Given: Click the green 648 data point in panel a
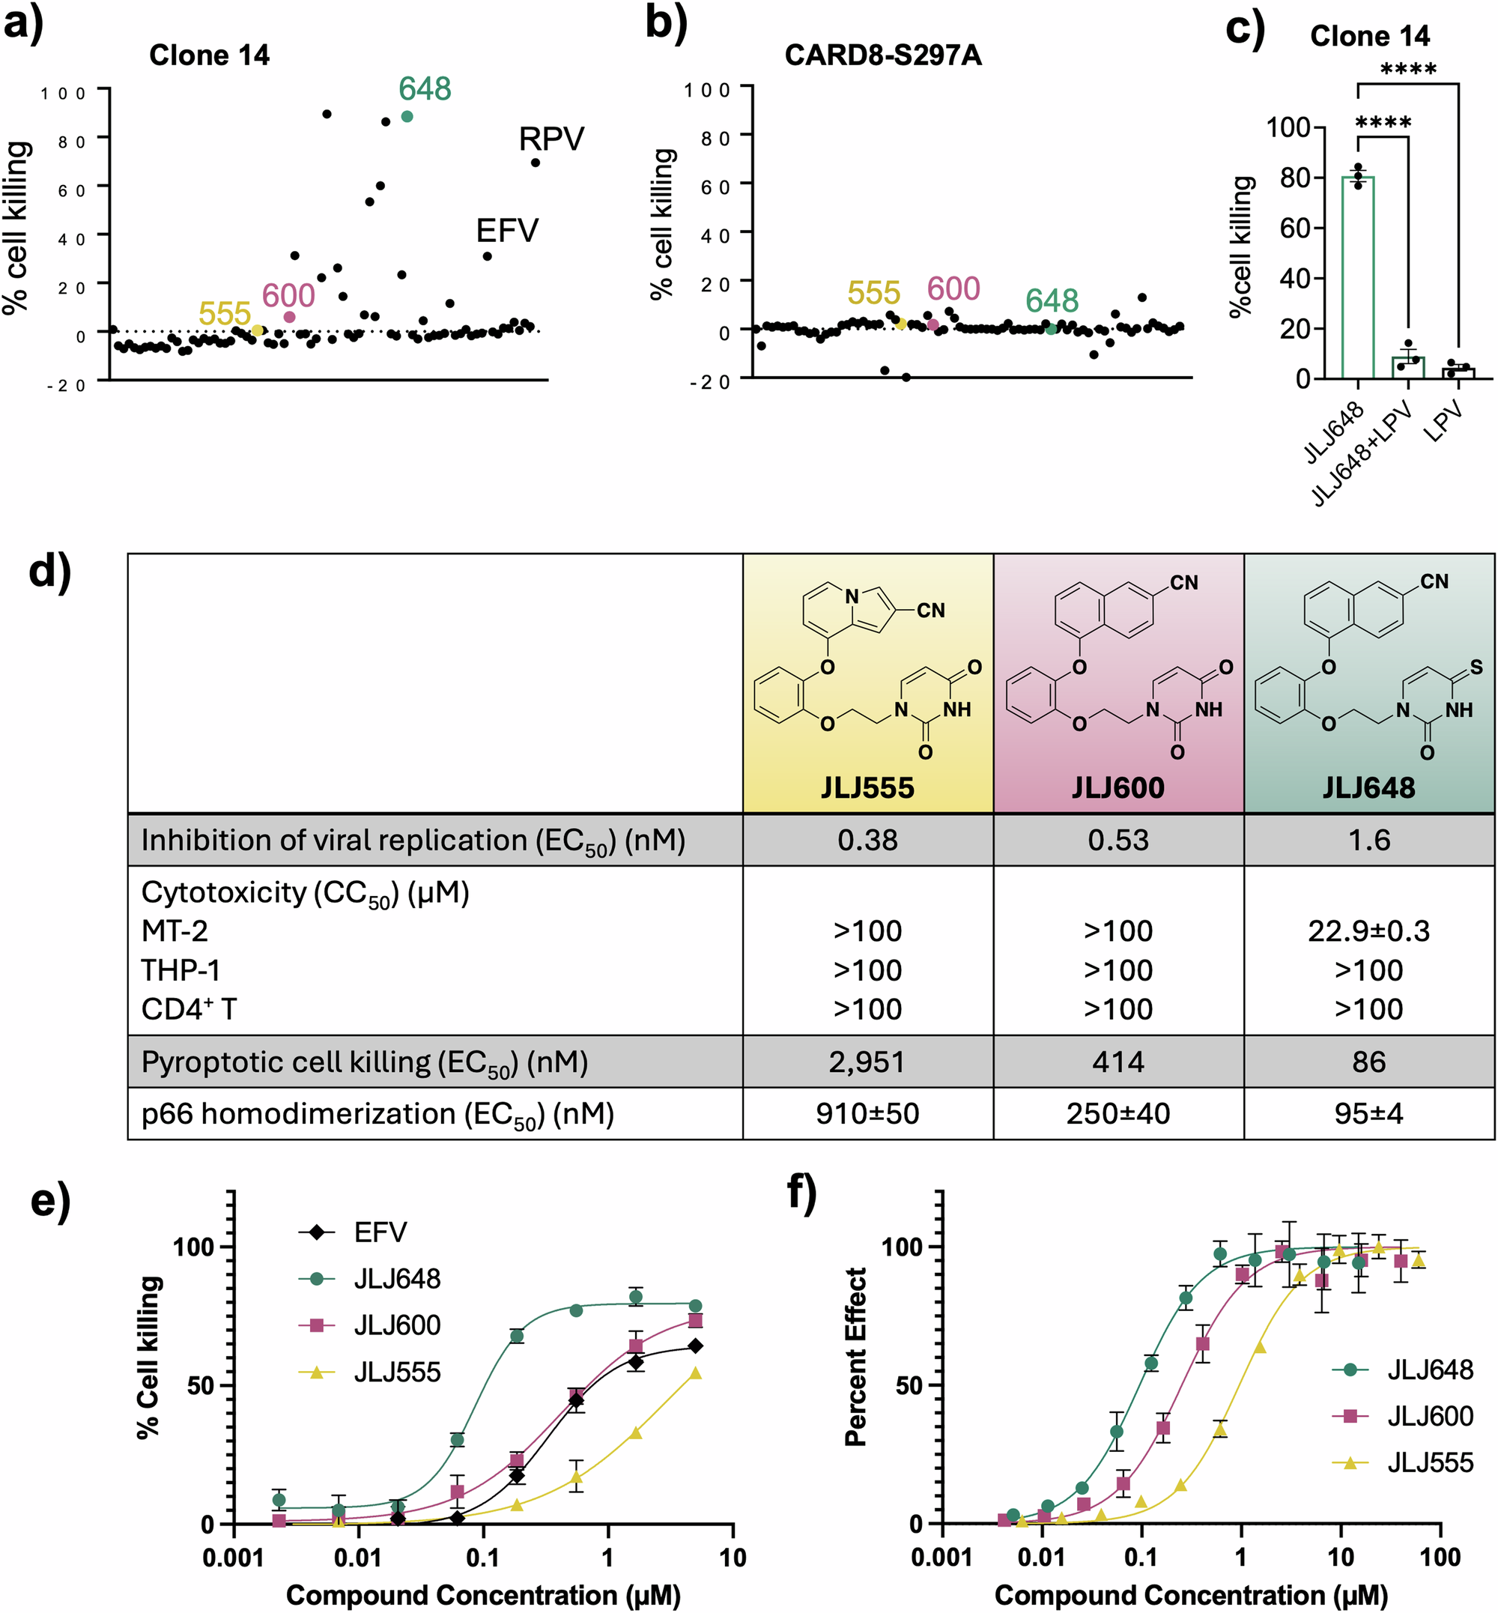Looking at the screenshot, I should click(x=407, y=117).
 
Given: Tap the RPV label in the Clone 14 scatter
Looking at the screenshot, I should click(x=551, y=139).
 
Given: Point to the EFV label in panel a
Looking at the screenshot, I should click(x=506, y=231).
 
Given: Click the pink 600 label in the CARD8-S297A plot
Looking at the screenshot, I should click(x=953, y=288).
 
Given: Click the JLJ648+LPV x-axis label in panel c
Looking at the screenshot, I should click(x=1362, y=454).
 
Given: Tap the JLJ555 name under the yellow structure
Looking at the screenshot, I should click(x=867, y=787).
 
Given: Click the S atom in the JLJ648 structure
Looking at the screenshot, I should click(x=1476, y=667).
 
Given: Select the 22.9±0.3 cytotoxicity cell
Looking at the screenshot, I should click(x=1368, y=931).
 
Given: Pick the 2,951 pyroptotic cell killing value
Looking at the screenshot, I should click(x=867, y=1062).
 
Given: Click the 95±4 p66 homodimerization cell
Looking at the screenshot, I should click(x=1368, y=1113).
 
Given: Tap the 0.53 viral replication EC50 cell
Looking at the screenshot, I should click(x=1118, y=840).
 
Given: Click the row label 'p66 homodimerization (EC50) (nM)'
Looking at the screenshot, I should click(x=377, y=1114).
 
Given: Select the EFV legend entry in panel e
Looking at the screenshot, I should click(x=379, y=1232).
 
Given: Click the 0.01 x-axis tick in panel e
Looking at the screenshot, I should click(x=358, y=1557).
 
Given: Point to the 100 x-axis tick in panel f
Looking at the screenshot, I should click(x=1440, y=1557).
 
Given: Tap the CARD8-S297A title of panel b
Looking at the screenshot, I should click(x=883, y=55).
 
